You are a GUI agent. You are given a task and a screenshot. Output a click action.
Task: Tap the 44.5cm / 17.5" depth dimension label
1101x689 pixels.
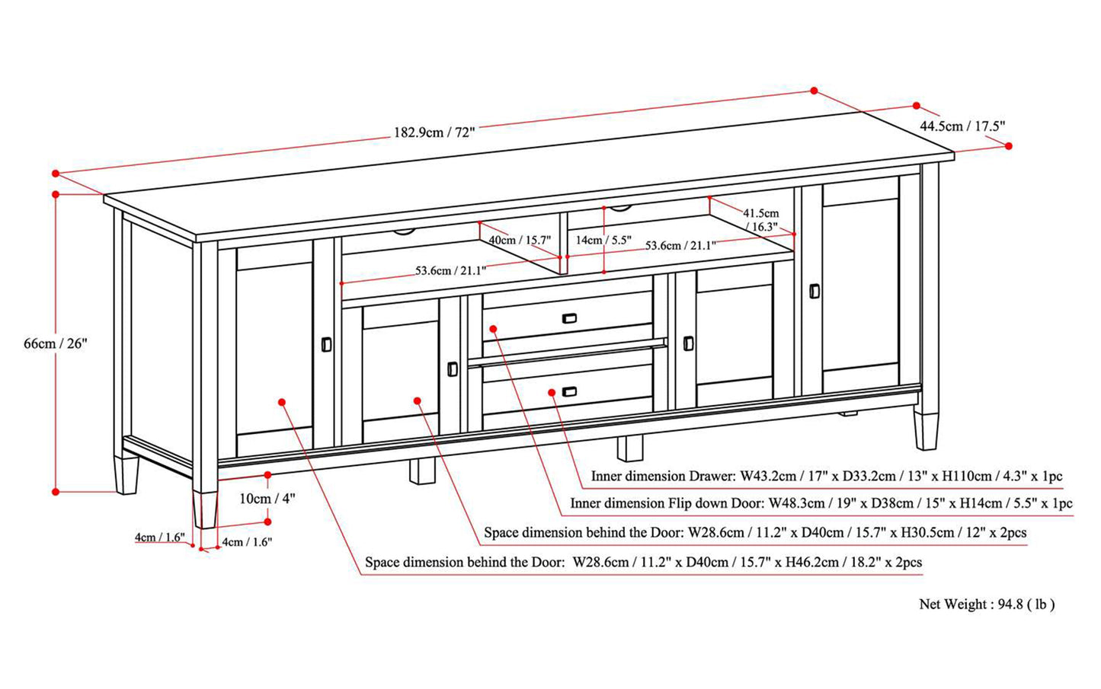point(962,126)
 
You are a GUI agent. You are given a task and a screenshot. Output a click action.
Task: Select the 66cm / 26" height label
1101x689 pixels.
point(56,343)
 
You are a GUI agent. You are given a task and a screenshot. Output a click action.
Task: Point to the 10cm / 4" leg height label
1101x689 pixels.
point(267,499)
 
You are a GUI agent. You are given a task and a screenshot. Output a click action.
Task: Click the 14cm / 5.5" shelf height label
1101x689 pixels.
point(603,240)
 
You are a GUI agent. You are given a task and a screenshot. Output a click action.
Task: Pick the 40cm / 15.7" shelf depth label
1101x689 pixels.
point(519,240)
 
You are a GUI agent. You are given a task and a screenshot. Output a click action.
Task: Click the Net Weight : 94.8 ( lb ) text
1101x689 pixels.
point(987,604)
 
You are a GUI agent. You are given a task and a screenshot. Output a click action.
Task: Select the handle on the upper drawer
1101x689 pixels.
point(568,318)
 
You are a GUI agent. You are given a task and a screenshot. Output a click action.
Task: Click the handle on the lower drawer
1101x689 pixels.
point(568,391)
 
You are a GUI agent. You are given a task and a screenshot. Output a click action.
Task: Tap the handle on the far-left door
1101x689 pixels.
point(326,344)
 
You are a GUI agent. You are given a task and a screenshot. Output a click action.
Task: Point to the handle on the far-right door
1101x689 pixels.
point(814,291)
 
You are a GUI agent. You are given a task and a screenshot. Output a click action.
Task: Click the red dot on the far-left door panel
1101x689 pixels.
point(282,402)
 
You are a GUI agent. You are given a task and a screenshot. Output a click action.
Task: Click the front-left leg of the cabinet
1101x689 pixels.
point(205,509)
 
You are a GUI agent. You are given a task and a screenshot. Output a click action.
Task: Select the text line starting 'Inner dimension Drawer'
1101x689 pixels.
point(826,477)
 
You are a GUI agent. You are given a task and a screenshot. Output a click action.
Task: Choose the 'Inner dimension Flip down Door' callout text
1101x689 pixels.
point(821,503)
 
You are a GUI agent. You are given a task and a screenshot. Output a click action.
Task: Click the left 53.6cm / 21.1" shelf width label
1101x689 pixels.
point(450,270)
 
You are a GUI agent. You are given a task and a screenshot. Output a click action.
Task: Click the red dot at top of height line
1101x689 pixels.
point(56,194)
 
